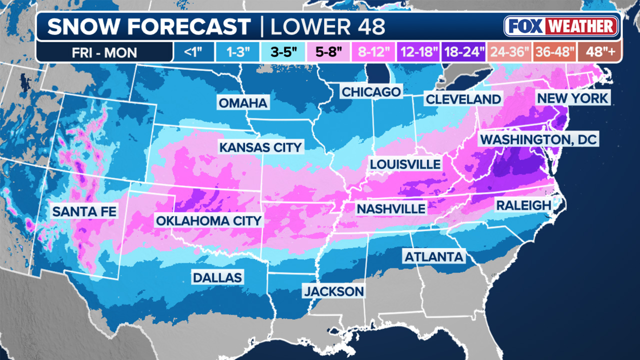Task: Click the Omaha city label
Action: coord(243,103)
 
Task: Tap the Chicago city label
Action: coord(371,92)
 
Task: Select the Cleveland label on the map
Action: coord(463,99)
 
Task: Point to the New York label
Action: coord(572,97)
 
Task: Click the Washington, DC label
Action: coord(538,139)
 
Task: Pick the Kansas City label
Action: coord(260,147)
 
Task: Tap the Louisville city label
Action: coord(405,164)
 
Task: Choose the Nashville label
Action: coord(390,208)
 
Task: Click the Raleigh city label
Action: coord(523,205)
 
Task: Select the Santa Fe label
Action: coord(84,211)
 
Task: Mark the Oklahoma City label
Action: coord(208,220)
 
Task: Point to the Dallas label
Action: coord(217,277)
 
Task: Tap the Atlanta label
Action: coord(433,257)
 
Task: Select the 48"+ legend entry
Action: coord(598,52)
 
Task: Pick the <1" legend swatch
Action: coord(193,52)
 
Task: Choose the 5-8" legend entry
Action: coord(330,52)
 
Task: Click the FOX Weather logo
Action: coord(561,26)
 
